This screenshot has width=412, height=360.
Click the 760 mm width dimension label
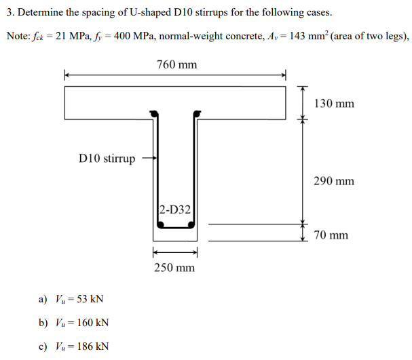[x=176, y=64]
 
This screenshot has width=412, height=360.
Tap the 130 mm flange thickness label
[x=334, y=104]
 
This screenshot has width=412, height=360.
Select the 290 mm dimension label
[x=334, y=181]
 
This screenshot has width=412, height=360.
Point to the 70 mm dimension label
[x=331, y=235]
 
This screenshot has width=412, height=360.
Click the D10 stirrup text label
[x=107, y=159]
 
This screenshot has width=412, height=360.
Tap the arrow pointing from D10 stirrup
[x=149, y=159]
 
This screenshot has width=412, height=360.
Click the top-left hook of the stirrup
[x=155, y=114]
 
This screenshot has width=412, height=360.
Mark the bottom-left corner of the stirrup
[x=159, y=226]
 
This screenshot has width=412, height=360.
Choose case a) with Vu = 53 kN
[x=71, y=299]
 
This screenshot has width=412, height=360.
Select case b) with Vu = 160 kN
[x=74, y=323]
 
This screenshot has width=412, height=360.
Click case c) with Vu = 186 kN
[x=74, y=346]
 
